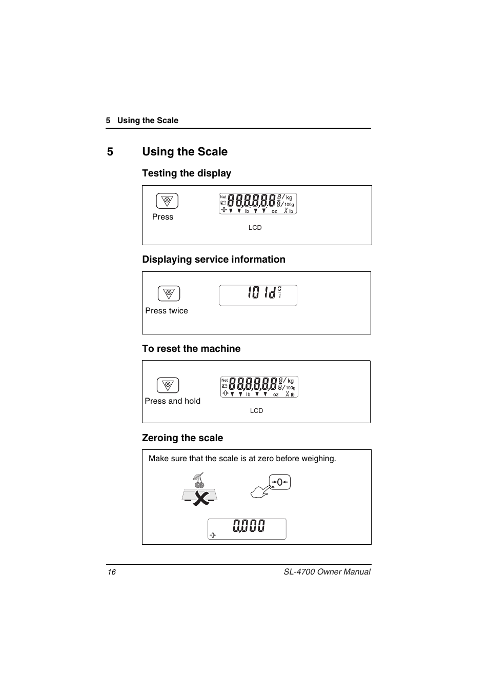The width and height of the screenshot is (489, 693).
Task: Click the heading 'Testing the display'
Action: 187,173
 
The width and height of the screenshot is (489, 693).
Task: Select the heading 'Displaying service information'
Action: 214,260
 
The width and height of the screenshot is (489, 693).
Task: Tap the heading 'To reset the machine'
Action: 191,349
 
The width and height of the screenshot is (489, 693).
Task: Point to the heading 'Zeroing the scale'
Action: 182,438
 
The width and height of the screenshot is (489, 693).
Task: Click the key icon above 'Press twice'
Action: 169,293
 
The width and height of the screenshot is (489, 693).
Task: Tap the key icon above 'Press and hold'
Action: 168,385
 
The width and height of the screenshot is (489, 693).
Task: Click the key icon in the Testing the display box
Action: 167,201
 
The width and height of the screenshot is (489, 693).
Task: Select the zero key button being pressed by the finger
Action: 280,482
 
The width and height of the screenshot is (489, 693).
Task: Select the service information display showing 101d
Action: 258,295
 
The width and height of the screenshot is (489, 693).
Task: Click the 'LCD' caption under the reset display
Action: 256,411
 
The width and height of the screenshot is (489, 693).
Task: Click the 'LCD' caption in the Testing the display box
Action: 255,228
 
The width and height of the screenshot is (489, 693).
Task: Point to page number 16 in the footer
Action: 111,572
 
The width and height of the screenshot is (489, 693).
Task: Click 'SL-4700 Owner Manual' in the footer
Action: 327,572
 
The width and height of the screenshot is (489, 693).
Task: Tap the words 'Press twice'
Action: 167,311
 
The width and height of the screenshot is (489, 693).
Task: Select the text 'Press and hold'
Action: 172,401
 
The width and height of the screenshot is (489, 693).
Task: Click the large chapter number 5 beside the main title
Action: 110,152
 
